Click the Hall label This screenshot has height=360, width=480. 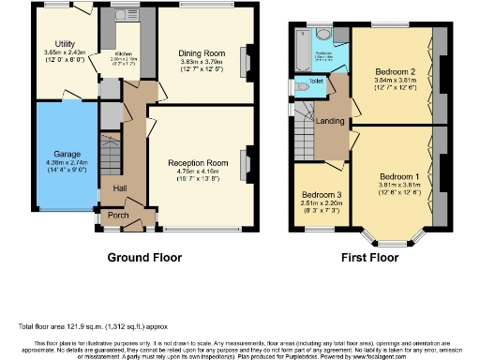[x=121, y=188]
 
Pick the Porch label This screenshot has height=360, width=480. [x=119, y=216]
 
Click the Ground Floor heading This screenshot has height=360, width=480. [x=144, y=257]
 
